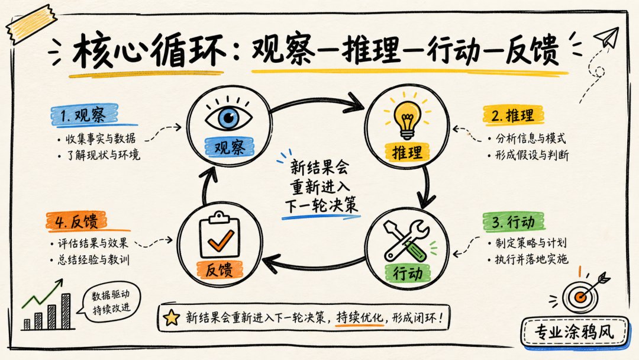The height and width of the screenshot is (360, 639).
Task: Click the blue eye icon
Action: click(228, 117)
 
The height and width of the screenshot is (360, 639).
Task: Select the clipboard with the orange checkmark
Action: click(220, 235)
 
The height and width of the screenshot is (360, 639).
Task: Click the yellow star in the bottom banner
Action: click(171, 317)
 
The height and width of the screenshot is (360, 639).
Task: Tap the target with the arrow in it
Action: click(582, 294)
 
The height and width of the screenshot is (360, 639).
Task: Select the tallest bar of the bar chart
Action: click(66, 311)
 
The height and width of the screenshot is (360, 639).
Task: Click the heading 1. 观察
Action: click(83, 115)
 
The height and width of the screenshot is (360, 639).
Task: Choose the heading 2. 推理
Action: click(512, 115)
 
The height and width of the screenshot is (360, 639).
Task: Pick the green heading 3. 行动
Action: click(513, 222)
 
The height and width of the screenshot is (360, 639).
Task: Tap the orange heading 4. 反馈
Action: click(76, 222)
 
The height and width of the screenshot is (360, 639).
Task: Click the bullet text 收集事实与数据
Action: click(100, 139)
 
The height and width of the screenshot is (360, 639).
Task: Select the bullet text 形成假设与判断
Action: click(532, 155)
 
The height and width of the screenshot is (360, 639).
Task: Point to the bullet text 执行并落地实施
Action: click(531, 259)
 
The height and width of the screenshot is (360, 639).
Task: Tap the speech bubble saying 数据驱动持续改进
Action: click(110, 302)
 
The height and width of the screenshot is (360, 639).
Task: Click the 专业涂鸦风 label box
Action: click(575, 332)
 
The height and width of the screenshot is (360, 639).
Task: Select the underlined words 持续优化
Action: click(360, 317)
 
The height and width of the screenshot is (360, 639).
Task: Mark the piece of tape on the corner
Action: click(31, 24)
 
